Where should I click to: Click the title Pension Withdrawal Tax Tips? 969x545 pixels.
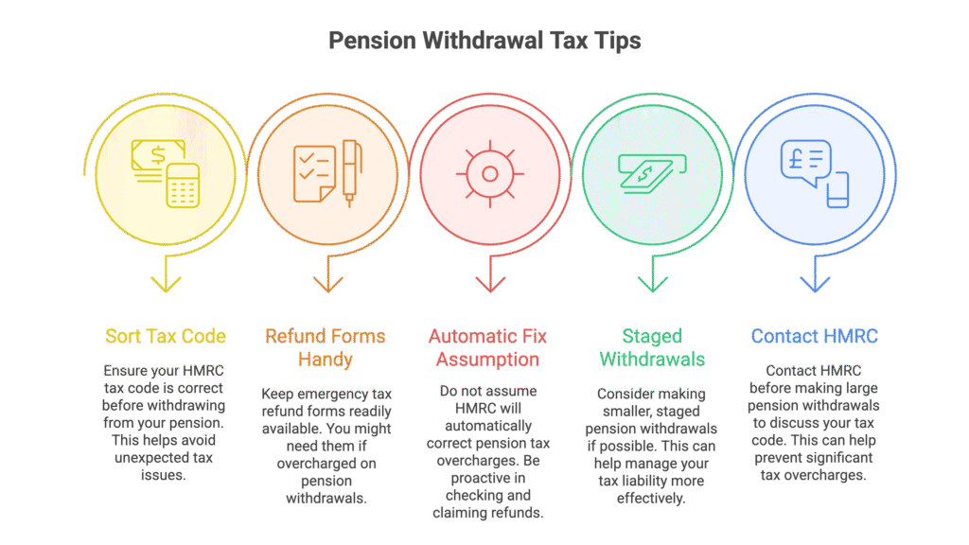484,41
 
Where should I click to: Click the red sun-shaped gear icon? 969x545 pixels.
490,174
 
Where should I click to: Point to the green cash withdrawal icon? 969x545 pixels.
652,174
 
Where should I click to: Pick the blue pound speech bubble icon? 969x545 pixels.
815,174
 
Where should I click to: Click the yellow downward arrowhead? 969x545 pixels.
166,284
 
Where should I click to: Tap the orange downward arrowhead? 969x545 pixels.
328,284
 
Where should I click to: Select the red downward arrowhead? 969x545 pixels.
490,284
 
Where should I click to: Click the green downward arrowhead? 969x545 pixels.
653,284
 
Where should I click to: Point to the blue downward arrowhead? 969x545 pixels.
815,284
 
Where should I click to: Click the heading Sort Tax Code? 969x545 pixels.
165,336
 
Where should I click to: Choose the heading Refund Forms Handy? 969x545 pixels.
326,348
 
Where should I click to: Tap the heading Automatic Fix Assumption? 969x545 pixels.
487,348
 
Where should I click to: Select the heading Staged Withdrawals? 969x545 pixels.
652,348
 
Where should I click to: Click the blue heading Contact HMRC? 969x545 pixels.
815,336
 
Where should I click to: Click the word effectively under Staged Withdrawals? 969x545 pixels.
651,498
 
